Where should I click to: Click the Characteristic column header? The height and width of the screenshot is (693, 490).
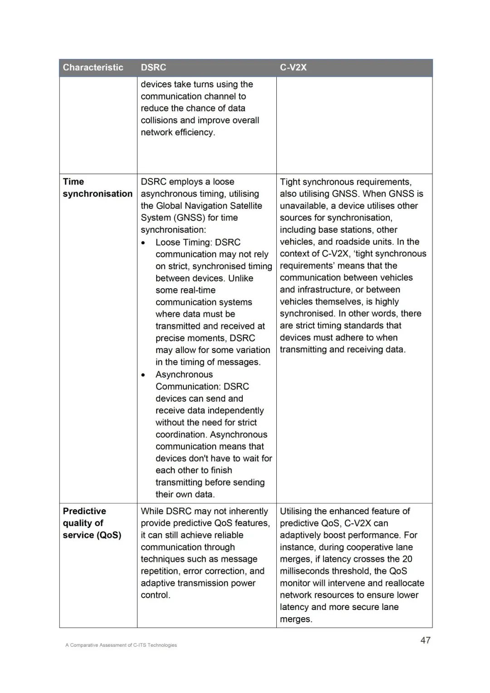pyautogui.click(x=93, y=68)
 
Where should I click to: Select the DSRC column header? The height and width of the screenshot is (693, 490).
pyautogui.click(x=153, y=68)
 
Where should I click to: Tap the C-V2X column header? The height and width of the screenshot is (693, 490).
pyautogui.click(x=293, y=68)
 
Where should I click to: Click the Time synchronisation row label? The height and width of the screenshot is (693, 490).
pyautogui.click(x=98, y=188)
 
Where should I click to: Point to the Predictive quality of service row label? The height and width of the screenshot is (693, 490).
pyautogui.click(x=92, y=523)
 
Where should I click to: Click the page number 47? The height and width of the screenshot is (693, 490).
pyautogui.click(x=425, y=640)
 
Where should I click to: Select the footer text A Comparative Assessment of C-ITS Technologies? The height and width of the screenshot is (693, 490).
pyautogui.click(x=121, y=645)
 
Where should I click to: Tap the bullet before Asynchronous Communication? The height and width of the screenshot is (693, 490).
pyautogui.click(x=143, y=375)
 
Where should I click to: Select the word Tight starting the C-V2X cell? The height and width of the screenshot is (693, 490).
pyautogui.click(x=290, y=182)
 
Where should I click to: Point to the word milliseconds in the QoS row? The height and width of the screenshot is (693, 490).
pyautogui.click(x=311, y=571)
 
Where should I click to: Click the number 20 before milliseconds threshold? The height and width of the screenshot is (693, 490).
pyautogui.click(x=407, y=559)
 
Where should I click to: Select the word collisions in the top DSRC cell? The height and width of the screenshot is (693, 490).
pyautogui.click(x=159, y=120)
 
